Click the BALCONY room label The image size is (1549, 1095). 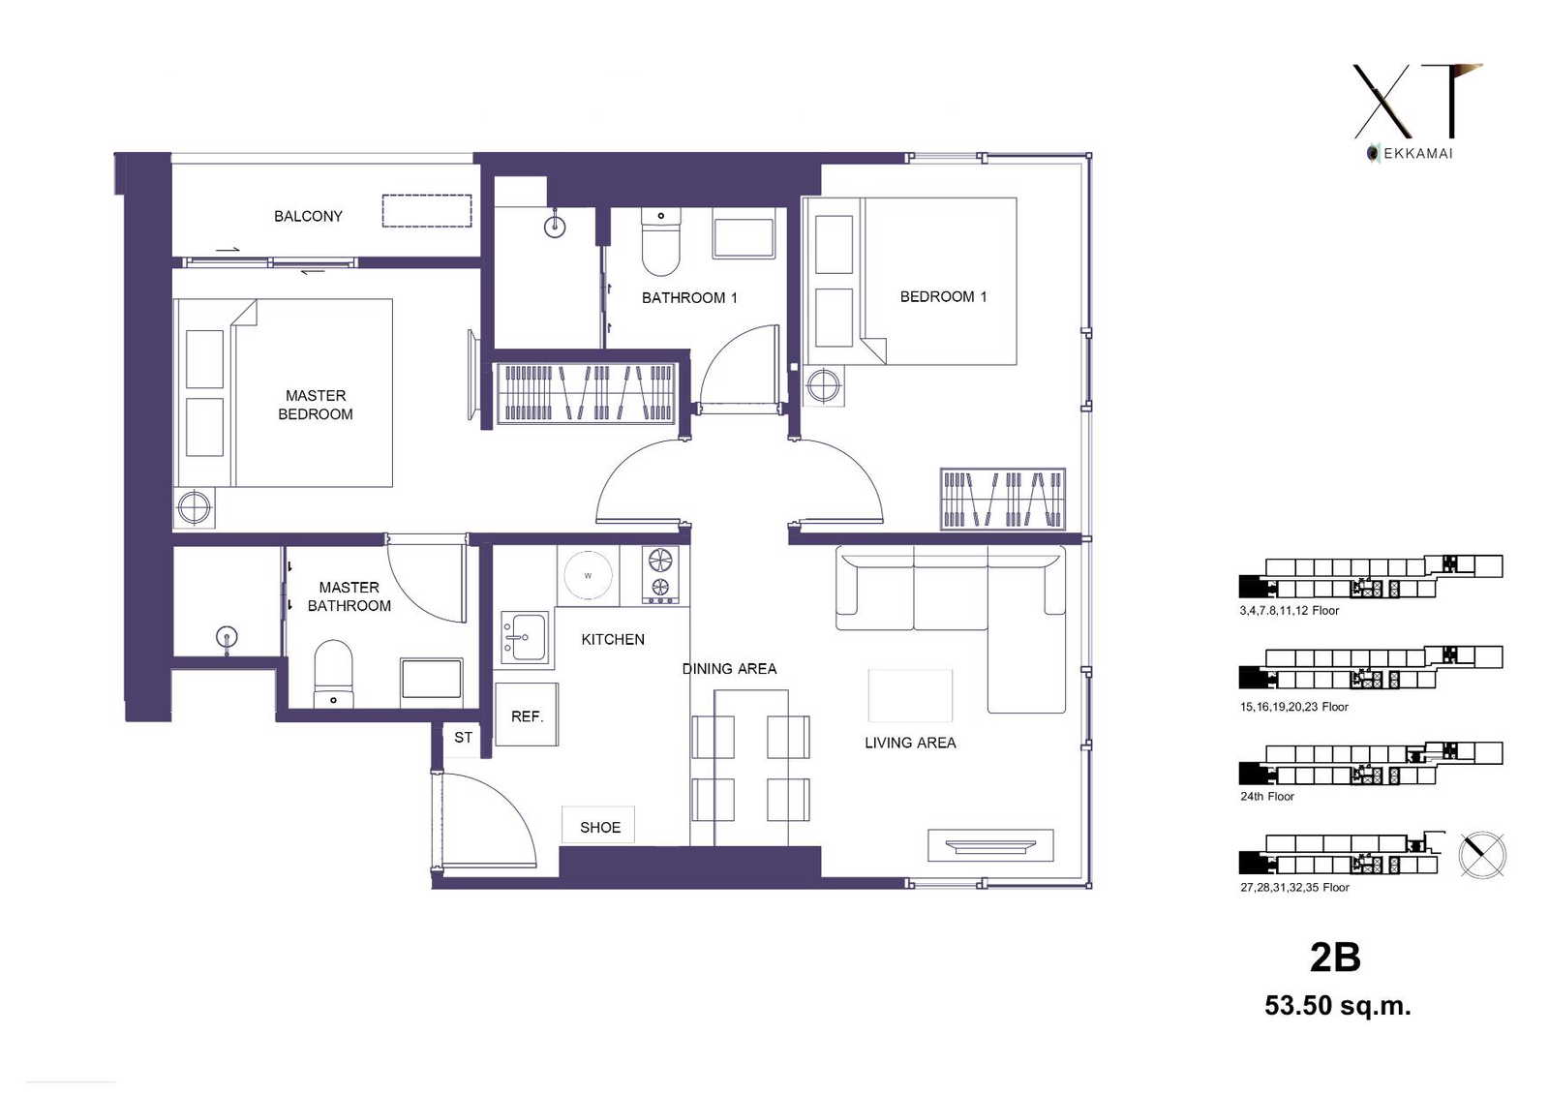tap(308, 217)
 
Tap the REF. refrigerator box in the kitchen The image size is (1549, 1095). tap(527, 714)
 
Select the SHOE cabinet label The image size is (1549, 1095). tap(599, 828)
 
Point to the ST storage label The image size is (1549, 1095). tap(464, 738)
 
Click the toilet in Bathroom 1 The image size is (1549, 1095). tap(660, 241)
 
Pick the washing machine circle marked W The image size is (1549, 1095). tap(588, 575)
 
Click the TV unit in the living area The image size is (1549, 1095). tap(990, 845)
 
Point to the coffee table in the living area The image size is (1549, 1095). tap(910, 695)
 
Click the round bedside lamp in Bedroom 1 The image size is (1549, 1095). tap(824, 385)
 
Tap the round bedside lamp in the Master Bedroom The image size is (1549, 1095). tap(195, 507)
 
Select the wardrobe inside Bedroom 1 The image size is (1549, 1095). tap(1003, 500)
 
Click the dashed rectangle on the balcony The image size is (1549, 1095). tap(427, 211)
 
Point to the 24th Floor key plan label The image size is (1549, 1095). tap(1267, 796)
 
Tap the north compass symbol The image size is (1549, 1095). tap(1482, 855)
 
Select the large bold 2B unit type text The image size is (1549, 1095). tap(1335, 958)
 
